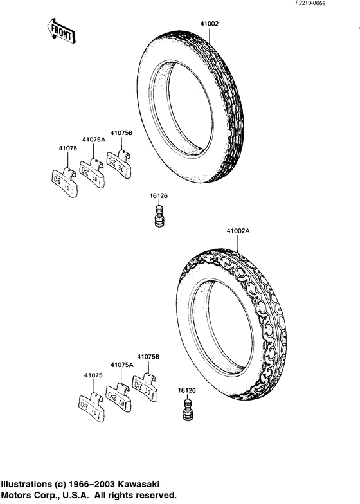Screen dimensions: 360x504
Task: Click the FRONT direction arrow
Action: point(61,31)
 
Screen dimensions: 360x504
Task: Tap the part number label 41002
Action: point(210,24)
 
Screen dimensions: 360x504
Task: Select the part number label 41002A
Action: point(238,231)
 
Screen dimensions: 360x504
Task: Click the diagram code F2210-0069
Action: point(310,3)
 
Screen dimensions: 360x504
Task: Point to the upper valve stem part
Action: point(159,216)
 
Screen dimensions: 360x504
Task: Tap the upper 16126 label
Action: point(159,195)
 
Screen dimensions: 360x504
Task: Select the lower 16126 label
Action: point(186,390)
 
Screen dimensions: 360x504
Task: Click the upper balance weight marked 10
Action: point(64,183)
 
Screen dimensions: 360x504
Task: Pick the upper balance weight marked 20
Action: point(93,174)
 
